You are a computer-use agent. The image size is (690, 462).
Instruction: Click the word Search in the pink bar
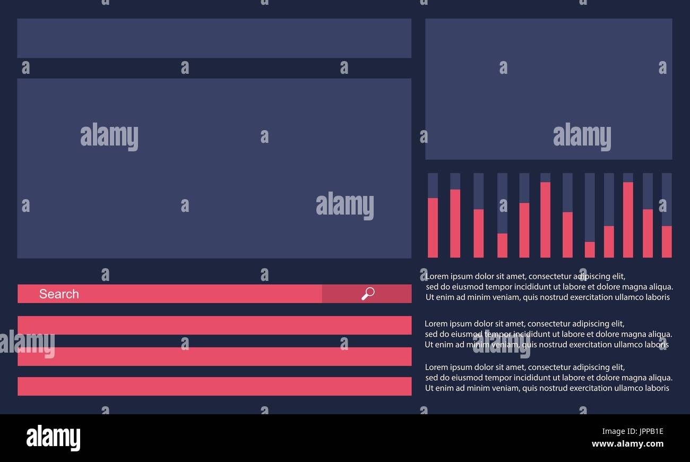pos(59,294)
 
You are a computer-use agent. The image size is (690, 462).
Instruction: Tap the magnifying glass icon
pos(368,294)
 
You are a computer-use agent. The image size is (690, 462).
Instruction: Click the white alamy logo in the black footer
pos(53,438)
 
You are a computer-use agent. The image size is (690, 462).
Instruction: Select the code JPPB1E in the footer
pos(651,431)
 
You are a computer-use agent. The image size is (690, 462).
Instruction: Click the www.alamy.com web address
pos(627,443)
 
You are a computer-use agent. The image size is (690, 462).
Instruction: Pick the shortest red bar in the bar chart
pos(590,250)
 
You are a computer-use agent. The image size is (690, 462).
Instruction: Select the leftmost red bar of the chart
pos(433,228)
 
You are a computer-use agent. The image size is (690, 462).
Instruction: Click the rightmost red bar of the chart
pos(667,242)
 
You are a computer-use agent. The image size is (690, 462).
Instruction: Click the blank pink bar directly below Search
pos(214,325)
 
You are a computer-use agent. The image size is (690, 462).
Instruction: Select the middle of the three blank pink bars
pos(214,357)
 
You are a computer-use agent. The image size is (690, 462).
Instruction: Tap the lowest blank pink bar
pos(214,386)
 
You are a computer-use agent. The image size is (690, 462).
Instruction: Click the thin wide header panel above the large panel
pos(214,38)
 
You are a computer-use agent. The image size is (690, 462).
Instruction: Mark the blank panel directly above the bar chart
pos(549,89)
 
